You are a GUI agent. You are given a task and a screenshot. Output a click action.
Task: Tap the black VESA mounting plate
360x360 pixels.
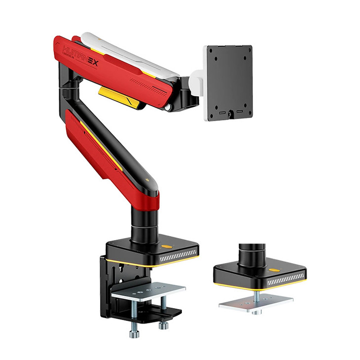pyautogui.click(x=229, y=82)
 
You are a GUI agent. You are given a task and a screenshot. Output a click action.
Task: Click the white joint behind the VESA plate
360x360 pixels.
pyautogui.click(x=197, y=79)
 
